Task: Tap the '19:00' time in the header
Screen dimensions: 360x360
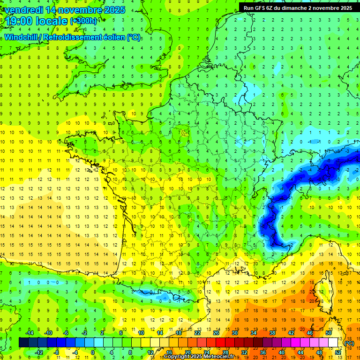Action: point(20,21)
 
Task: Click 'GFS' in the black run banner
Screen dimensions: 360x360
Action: point(261,8)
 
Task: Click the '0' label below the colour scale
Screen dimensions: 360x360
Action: point(93,352)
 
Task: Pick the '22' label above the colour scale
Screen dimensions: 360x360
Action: point(197,333)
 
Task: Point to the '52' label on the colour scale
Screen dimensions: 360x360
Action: point(337,352)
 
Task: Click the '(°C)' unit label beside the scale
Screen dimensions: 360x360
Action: point(349,343)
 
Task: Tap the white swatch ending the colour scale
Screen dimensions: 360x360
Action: point(333,343)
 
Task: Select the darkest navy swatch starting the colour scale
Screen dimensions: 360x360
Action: point(23,343)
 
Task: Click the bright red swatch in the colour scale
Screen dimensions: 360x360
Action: point(220,343)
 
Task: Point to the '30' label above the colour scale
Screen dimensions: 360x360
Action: point(235,333)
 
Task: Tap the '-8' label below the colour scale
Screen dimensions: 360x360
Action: point(56,352)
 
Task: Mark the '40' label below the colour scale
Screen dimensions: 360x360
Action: point(281,352)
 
